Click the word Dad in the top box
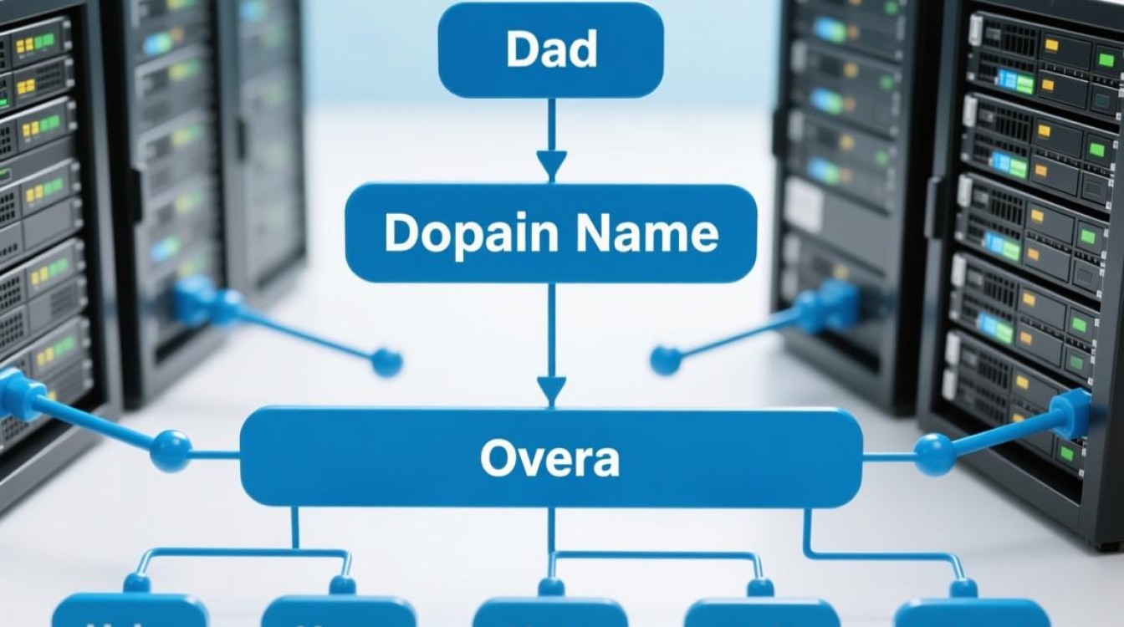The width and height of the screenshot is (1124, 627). click(x=551, y=50)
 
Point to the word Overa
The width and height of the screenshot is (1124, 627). click(x=550, y=458)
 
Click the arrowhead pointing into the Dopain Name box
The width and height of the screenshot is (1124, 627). click(x=551, y=165)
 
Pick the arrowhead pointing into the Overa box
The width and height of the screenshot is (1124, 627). click(x=551, y=390)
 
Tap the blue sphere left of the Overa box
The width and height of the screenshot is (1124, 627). click(x=171, y=451)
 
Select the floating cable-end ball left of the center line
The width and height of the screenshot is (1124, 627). click(x=386, y=362)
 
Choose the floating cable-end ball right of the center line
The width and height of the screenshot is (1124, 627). click(x=666, y=360)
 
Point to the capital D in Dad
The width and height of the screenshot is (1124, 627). click(x=521, y=50)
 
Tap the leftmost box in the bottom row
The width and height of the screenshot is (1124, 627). click(x=130, y=611)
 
